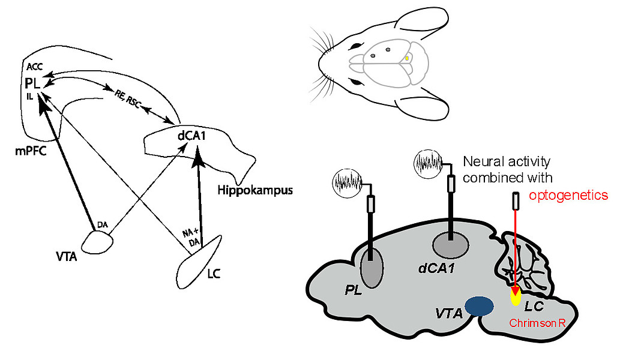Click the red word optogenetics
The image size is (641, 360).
click(x=568, y=196)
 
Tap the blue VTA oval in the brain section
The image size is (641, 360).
click(x=479, y=306)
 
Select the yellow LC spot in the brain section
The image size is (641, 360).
click(x=516, y=297)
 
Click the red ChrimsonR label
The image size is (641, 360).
click(x=537, y=323)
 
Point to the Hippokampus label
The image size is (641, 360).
click(x=255, y=190)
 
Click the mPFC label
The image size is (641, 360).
click(x=31, y=151)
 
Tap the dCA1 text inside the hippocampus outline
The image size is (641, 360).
click(x=191, y=135)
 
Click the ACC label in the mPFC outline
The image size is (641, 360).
click(x=34, y=67)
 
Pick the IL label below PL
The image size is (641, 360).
click(x=30, y=97)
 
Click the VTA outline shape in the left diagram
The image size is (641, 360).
click(x=97, y=242)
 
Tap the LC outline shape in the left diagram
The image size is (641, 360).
click(x=199, y=262)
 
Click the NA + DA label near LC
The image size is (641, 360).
click(x=191, y=238)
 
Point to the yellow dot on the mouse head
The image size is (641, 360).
click(x=407, y=58)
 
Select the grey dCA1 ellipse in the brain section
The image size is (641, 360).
click(x=451, y=245)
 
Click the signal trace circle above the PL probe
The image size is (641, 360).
click(x=348, y=184)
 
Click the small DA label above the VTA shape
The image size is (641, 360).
click(x=102, y=225)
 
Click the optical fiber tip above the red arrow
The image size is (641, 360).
click(x=516, y=202)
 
